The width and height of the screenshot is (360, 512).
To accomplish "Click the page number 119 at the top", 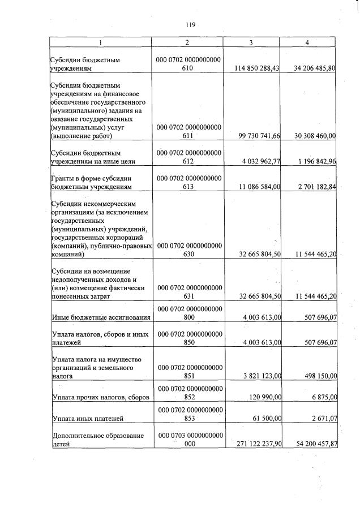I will click(x=190, y=24).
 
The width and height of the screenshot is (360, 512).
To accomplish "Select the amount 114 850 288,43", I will click(x=257, y=68).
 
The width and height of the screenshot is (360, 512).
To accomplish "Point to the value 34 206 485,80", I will click(x=315, y=68).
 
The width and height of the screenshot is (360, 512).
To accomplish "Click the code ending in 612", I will click(x=189, y=157).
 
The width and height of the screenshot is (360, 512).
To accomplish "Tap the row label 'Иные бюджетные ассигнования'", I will click(x=100, y=317).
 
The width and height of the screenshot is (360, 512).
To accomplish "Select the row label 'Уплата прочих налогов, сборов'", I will click(x=100, y=398).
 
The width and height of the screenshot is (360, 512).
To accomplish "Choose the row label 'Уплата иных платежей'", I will click(x=88, y=419).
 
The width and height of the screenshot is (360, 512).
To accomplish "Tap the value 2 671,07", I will click(x=323, y=419).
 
